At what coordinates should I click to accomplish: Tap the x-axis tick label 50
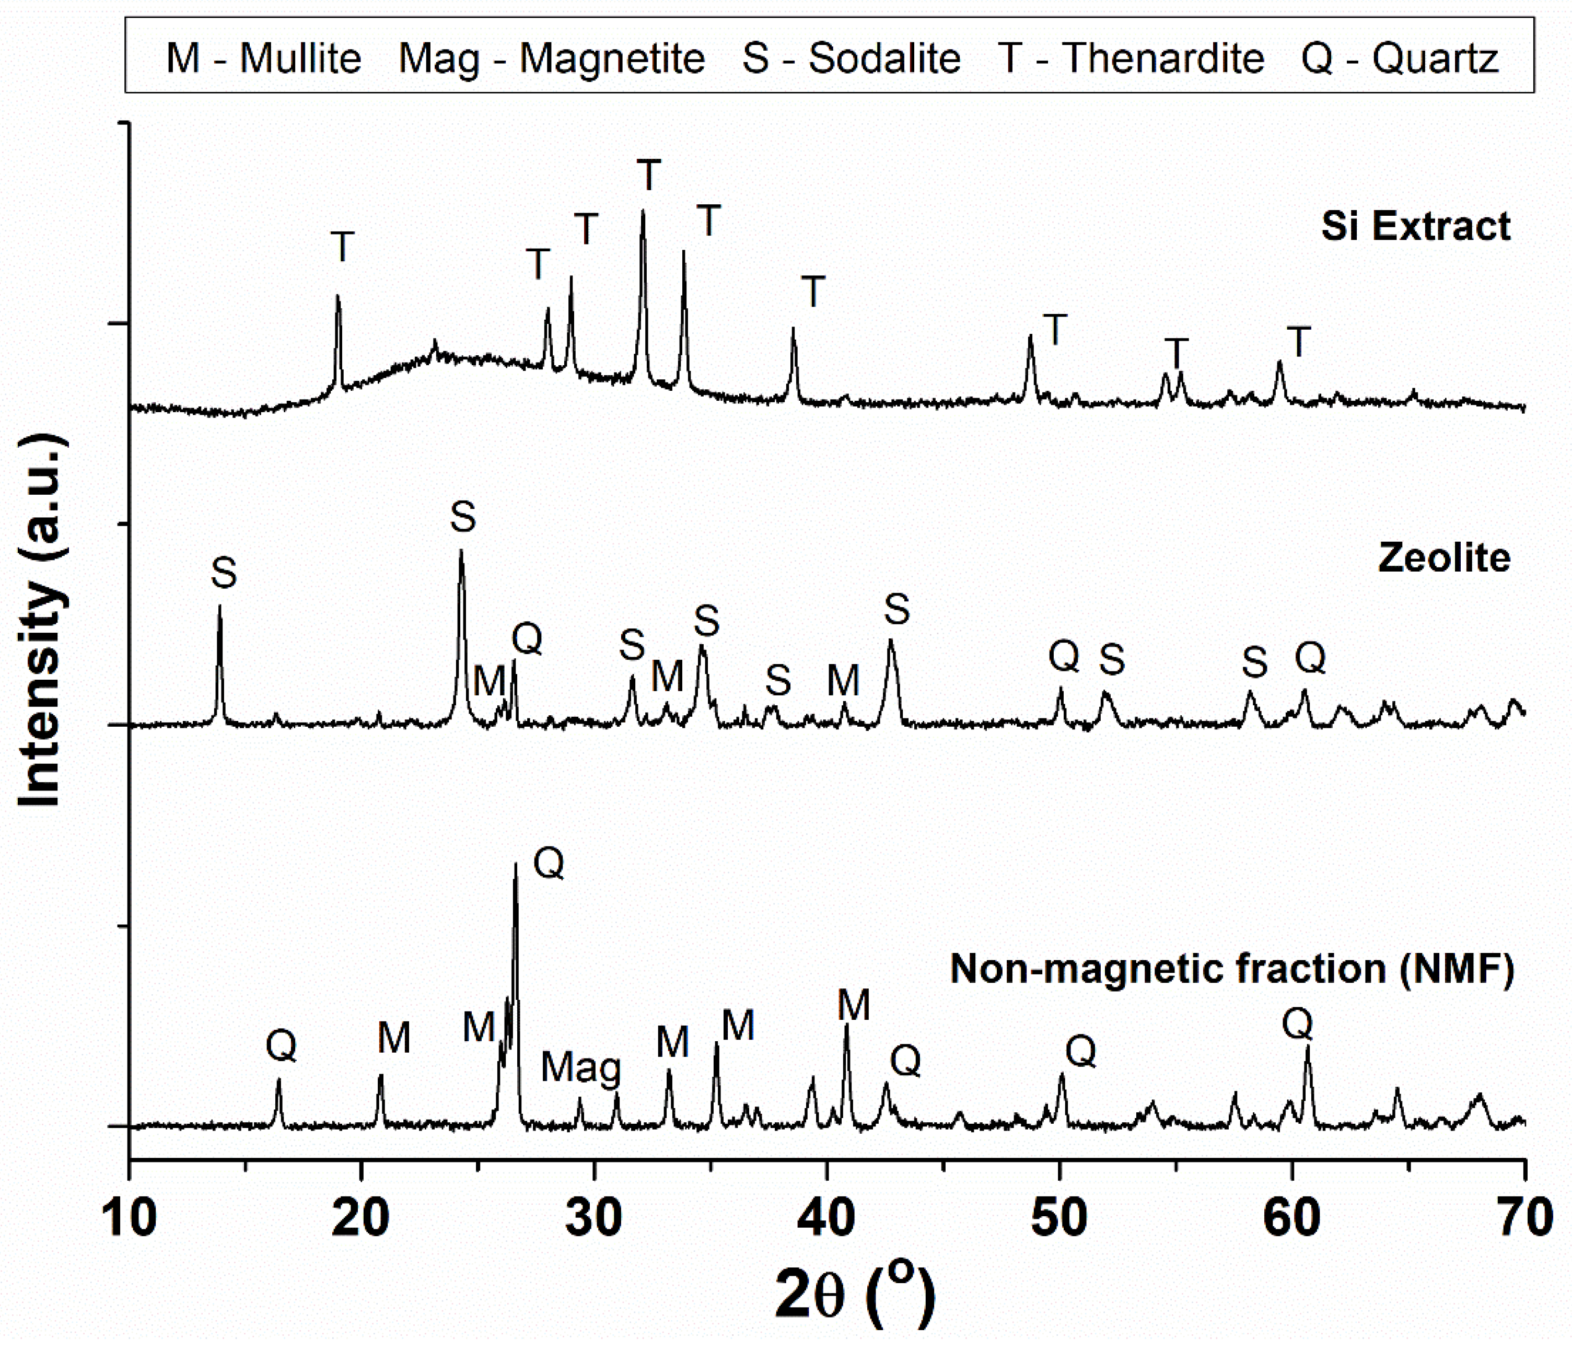[1059, 1218]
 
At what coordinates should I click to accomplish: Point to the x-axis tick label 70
[1523, 1218]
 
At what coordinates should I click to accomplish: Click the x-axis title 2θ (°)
[855, 1295]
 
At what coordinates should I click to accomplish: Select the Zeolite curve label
[1444, 558]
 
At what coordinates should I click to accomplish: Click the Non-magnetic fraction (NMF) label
[1232, 969]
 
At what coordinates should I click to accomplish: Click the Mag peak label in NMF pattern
[580, 1068]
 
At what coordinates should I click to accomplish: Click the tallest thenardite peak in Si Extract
[643, 213]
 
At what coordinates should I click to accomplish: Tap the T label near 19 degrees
[342, 247]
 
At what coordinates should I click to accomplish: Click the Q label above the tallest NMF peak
[549, 863]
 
